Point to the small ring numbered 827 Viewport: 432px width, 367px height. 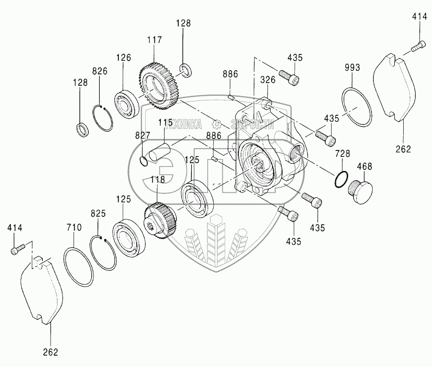(143, 160)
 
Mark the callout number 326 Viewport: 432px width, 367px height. (267, 80)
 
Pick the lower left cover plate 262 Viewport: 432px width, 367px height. (42, 292)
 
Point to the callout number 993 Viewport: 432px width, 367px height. (352, 67)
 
